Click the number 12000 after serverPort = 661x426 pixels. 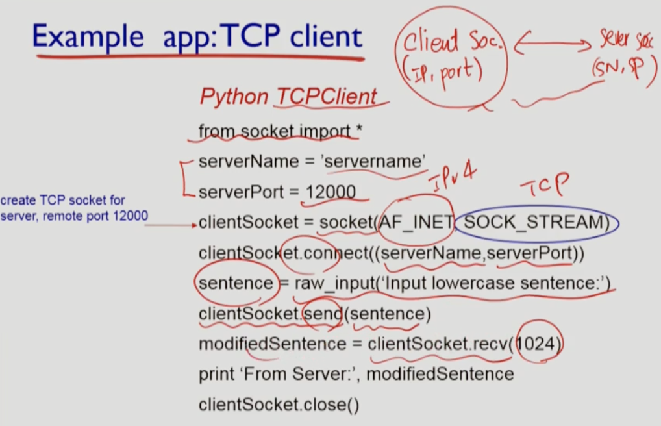coord(331,192)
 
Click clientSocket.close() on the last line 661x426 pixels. coord(279,405)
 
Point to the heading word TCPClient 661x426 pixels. coord(326,97)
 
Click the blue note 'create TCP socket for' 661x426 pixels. coord(63,200)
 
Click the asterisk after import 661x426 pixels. coord(358,131)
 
